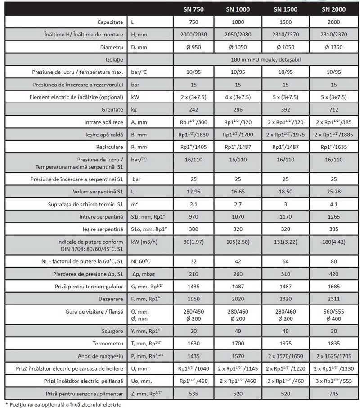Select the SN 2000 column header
pos(333,9)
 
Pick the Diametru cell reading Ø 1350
pos(333,47)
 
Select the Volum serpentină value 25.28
pos(333,193)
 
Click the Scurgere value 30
pos(333,332)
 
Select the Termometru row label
pos(108,344)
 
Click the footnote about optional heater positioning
pos(63,404)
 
